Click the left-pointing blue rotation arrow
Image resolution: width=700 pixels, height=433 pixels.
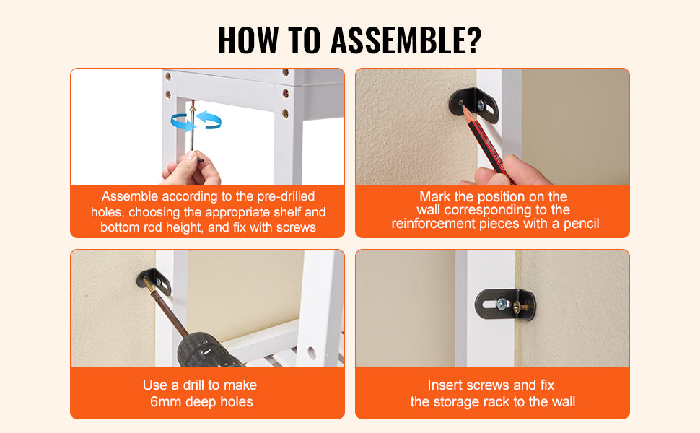pyautogui.click(x=209, y=120)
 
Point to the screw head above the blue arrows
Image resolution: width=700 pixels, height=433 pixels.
pyautogui.click(x=193, y=106)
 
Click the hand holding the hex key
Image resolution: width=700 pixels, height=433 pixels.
pyautogui.click(x=192, y=170)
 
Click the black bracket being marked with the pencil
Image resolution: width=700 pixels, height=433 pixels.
pyautogui.click(x=475, y=105)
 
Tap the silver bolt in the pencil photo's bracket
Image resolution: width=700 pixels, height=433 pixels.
pyautogui.click(x=481, y=105)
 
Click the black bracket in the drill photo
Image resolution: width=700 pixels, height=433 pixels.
pyautogui.click(x=154, y=282)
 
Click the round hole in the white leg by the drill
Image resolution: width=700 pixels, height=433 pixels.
pyautogui.click(x=312, y=353)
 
